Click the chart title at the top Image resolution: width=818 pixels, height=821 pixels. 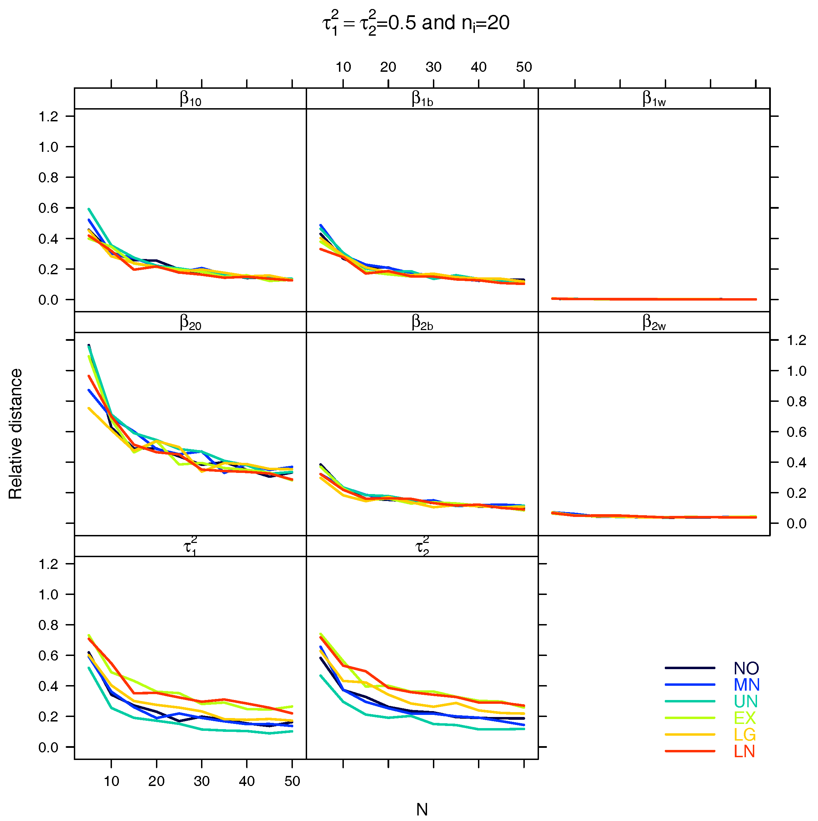pyautogui.click(x=416, y=23)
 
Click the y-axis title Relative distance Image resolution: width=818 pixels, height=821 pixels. pyautogui.click(x=16, y=433)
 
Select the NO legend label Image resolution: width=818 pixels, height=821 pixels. pyautogui.click(x=746, y=668)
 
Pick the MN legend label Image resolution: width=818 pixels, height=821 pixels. pyautogui.click(x=746, y=685)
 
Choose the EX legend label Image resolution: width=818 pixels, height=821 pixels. pyautogui.click(x=745, y=718)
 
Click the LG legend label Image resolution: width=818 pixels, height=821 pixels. pyautogui.click(x=745, y=735)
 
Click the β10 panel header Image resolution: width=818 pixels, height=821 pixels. pyautogui.click(x=190, y=98)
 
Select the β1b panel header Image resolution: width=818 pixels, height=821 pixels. pyautogui.click(x=422, y=98)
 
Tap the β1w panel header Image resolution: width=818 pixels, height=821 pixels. pyautogui.click(x=654, y=98)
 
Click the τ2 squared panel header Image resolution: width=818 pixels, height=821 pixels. pyautogui.click(x=422, y=546)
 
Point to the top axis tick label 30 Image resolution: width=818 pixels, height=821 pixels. pyautogui.click(x=433, y=67)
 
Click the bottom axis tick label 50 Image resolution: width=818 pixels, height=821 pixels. pyautogui.click(x=292, y=781)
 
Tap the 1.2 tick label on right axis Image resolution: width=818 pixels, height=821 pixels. pyautogui.click(x=796, y=340)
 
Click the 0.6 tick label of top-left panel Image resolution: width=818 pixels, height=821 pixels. pyautogui.click(x=48, y=208)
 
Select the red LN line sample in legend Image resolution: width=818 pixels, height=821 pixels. pyautogui.click(x=690, y=751)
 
